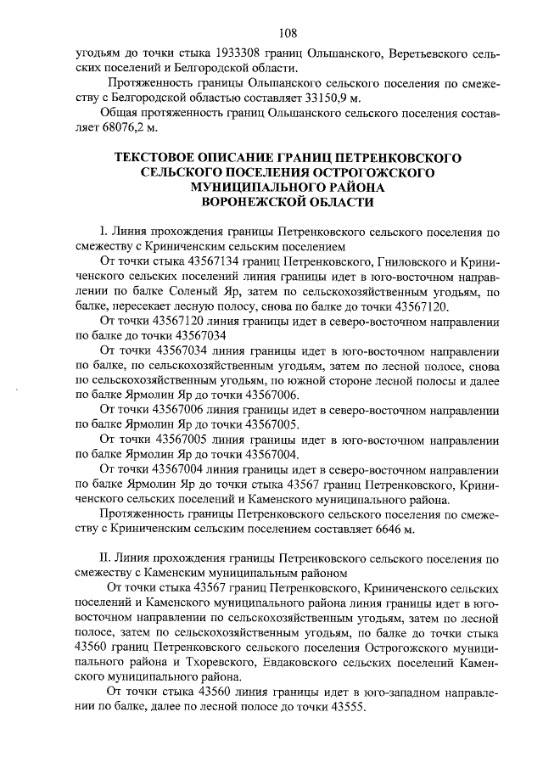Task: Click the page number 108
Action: (x=286, y=33)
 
